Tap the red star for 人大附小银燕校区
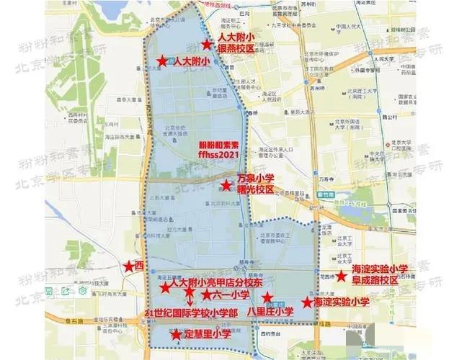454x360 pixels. pyautogui.click(x=207, y=45)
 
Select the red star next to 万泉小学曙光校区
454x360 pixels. pyautogui.click(x=226, y=186)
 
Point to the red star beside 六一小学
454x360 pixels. pyautogui.click(x=207, y=294)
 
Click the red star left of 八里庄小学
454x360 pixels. pyautogui.click(x=267, y=297)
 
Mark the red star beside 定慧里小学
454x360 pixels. pyautogui.click(x=175, y=334)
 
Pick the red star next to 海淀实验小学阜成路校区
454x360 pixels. pyautogui.click(x=341, y=275)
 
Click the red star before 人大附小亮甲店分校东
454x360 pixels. pyautogui.click(x=164, y=287)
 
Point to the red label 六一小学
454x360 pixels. pyautogui.click(x=231, y=294)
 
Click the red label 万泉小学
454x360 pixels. pyautogui.click(x=255, y=179)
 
